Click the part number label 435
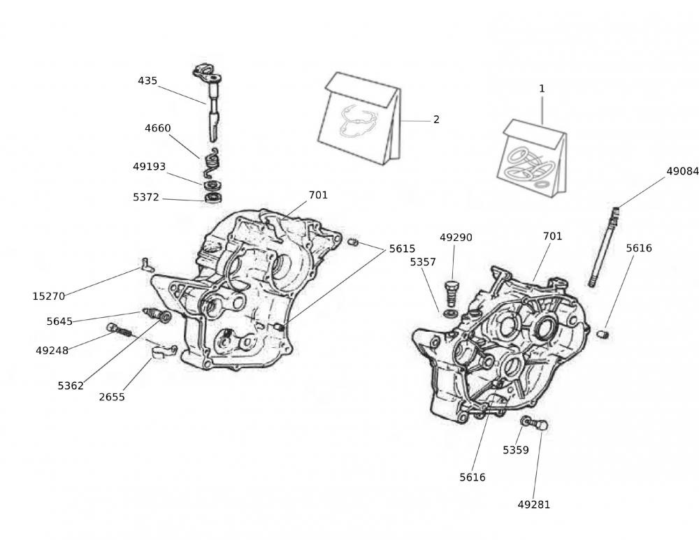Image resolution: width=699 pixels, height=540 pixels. pos(147,80)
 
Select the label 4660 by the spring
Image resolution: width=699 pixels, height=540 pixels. pos(158,129)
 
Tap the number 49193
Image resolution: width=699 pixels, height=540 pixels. pos(150,167)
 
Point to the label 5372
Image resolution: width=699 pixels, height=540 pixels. pos(147,198)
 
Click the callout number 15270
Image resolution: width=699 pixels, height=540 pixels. pos(49,296)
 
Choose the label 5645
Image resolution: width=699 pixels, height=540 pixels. pos(59,321)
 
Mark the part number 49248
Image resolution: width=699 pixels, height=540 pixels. pos(52,351)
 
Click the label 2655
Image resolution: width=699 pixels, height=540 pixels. pos(112,397)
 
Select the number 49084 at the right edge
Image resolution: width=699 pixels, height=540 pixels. pos(682,170)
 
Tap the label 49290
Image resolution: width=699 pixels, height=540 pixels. pos(456,238)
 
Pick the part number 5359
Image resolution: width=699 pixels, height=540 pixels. pos(516,450)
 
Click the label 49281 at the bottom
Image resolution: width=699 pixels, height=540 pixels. pos(534,504)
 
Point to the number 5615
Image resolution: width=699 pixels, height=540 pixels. pos(402,248)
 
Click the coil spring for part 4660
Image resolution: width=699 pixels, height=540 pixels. pos(212,163)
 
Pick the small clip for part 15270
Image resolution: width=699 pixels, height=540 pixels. pos(145,263)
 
